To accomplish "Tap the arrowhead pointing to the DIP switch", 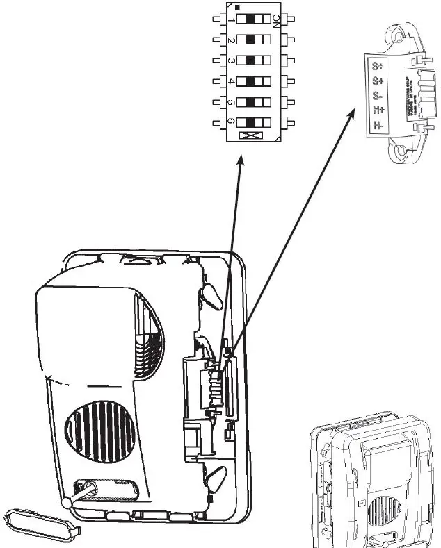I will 241,160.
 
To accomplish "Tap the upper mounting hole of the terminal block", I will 399,35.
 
